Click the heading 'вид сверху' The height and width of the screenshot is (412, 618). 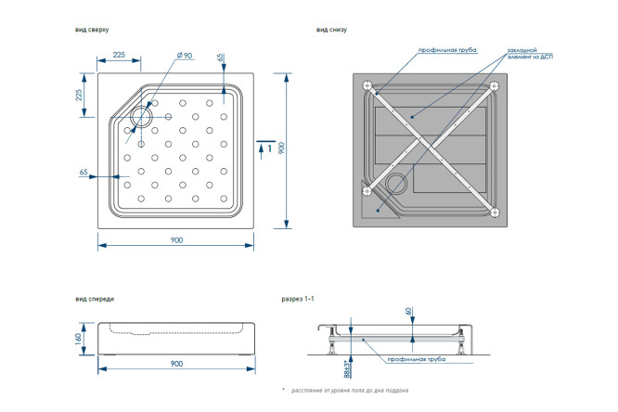pos(92,30)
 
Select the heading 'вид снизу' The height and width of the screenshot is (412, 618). pos(331,30)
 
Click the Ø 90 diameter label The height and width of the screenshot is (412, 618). pos(184,57)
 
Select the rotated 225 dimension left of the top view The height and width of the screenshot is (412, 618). pos(79,94)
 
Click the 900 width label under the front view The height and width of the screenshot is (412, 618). pos(175,363)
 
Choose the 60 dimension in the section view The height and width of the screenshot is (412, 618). pos(407,313)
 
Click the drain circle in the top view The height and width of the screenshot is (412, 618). pos(143,117)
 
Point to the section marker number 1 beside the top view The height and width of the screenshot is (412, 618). pos(269,148)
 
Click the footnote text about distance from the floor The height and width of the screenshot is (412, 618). pos(349,391)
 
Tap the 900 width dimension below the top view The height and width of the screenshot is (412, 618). pos(175,239)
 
